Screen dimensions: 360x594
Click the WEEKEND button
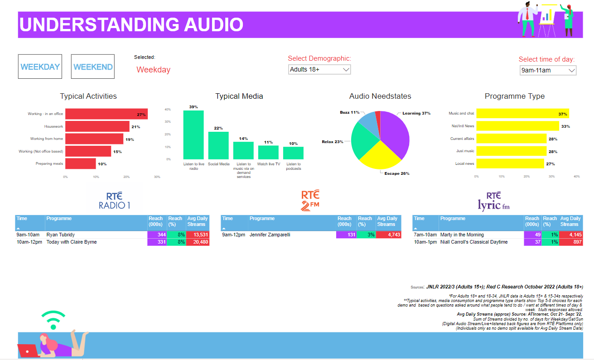coord(93,67)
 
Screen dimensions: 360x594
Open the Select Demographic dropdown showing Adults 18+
coord(319,69)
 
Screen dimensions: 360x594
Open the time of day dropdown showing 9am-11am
coord(548,70)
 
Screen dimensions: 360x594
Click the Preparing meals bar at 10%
coord(81,163)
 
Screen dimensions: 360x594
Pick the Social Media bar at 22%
coord(218,145)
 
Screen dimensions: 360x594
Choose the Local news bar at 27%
coord(510,163)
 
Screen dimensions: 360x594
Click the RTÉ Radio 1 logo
coord(115,201)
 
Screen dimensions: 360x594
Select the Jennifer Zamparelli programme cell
coord(292,235)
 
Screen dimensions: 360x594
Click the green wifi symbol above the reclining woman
coord(53,320)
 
